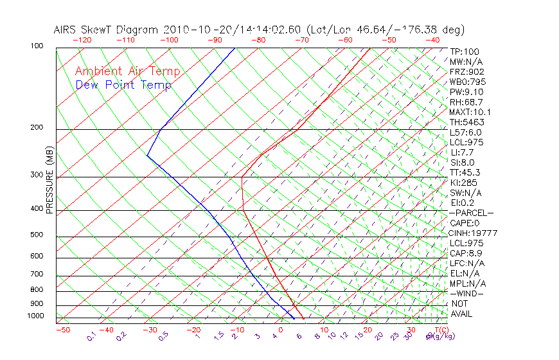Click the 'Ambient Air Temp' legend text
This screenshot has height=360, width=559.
127,71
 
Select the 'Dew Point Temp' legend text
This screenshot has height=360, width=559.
123,85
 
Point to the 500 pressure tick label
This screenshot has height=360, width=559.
37,235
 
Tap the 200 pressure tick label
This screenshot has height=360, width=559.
37,127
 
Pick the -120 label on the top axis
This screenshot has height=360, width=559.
82,40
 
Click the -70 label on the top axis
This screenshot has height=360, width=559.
301,40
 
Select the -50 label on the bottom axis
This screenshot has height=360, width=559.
62,330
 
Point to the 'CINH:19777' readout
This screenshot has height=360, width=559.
474,233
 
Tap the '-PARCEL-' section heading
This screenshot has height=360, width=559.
471,213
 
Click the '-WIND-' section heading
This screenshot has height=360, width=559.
467,293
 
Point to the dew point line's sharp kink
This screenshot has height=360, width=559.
147,156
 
